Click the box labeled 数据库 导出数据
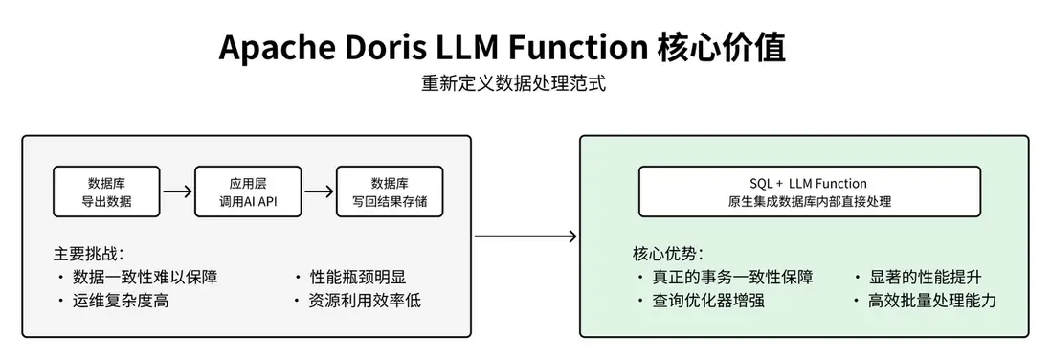106,191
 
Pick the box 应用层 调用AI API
247,191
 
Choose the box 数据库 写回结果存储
389,191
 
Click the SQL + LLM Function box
809,191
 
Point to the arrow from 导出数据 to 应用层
177,191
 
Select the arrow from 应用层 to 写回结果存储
318,191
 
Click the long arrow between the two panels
525,236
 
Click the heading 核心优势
667,255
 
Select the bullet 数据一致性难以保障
145,278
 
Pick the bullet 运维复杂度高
125,301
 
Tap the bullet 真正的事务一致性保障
732,278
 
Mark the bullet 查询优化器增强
708,301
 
